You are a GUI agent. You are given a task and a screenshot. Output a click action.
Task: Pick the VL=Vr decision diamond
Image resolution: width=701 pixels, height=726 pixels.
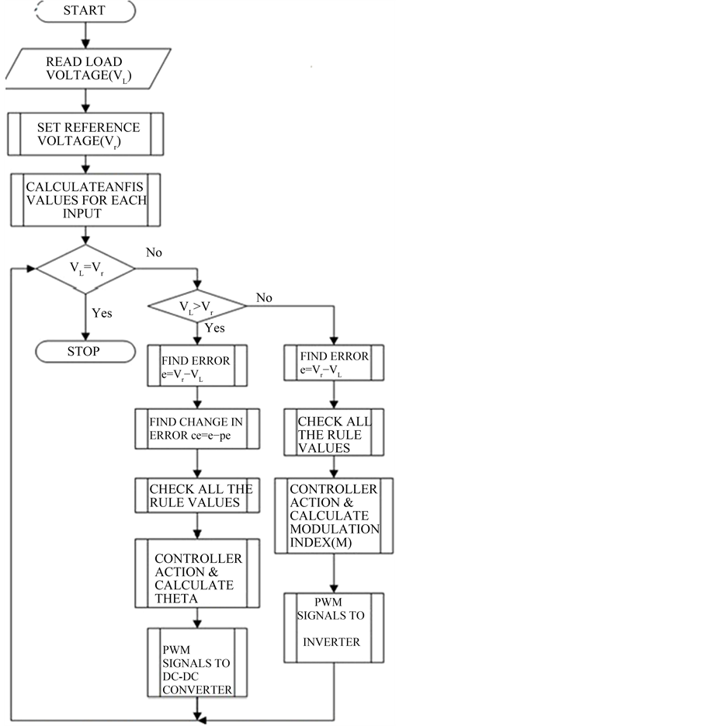[x=85, y=269]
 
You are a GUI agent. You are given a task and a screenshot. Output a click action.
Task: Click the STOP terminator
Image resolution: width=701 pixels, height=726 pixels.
[x=83, y=351]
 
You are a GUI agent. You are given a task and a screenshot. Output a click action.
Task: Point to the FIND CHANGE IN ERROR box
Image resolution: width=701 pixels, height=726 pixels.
[x=196, y=429]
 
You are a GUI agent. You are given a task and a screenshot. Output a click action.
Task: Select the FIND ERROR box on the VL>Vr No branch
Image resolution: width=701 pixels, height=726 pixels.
[x=334, y=363]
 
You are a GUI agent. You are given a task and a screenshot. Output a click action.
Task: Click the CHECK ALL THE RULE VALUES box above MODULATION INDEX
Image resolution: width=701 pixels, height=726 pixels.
[x=334, y=435]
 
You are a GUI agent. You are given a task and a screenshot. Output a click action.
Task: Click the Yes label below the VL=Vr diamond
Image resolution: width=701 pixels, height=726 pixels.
[x=102, y=313]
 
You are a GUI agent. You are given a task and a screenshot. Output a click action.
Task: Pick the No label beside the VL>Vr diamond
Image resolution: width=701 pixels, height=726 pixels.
[x=265, y=298]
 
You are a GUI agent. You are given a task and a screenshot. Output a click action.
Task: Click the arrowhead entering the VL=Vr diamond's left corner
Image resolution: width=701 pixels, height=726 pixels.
[x=33, y=269]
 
